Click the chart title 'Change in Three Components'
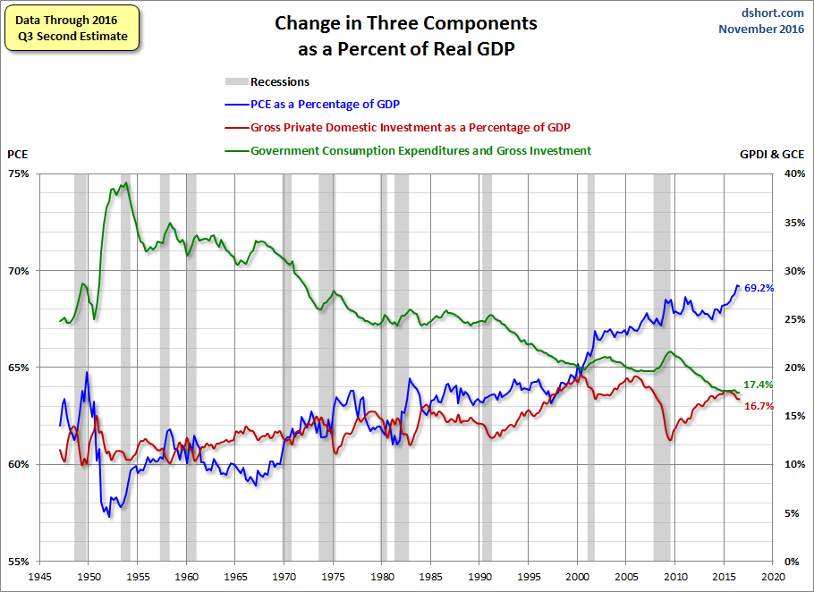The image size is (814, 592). (x=406, y=23)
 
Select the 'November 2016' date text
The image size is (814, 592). (x=762, y=29)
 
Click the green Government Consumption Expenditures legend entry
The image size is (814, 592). (x=420, y=150)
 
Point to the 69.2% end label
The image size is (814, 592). (x=759, y=288)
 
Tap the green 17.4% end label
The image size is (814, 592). (x=759, y=385)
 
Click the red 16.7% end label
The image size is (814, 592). (x=759, y=406)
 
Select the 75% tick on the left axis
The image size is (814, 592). (x=20, y=173)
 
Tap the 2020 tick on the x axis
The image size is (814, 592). (x=774, y=577)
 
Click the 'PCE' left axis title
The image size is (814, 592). (x=18, y=154)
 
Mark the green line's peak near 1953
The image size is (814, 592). (x=125, y=183)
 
